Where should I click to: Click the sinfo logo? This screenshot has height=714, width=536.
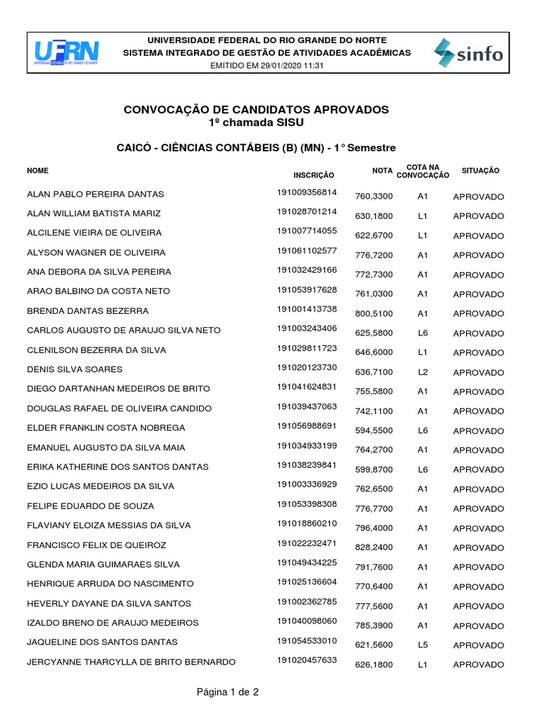pyautogui.click(x=468, y=53)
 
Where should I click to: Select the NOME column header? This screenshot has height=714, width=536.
pyautogui.click(x=38, y=170)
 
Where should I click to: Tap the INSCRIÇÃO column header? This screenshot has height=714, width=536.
pyautogui.click(x=314, y=175)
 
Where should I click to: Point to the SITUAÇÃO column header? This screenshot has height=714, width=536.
pyautogui.click(x=480, y=170)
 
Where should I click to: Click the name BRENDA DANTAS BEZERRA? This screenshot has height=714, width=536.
pyautogui.click(x=87, y=310)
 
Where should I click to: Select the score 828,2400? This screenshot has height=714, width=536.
pyautogui.click(x=375, y=547)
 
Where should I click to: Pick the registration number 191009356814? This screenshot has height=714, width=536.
pyautogui.click(x=307, y=192)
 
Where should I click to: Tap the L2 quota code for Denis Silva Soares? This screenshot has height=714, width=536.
pyautogui.click(x=422, y=372)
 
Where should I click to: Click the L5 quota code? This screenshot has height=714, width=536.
pyautogui.click(x=422, y=645)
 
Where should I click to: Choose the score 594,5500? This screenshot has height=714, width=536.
pyautogui.click(x=375, y=431)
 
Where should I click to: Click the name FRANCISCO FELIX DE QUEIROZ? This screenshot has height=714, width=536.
pyautogui.click(x=96, y=545)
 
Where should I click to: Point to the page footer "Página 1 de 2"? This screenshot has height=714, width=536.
pyautogui.click(x=228, y=692)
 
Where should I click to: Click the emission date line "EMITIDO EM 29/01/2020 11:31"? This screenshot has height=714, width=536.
pyautogui.click(x=267, y=66)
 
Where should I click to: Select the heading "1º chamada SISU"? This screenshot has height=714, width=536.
pyautogui.click(x=256, y=122)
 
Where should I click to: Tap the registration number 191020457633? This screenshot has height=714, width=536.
pyautogui.click(x=307, y=660)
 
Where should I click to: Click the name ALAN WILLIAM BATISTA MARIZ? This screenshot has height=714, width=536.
pyautogui.click(x=94, y=213)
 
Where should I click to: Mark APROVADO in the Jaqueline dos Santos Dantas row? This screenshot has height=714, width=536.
pyautogui.click(x=478, y=645)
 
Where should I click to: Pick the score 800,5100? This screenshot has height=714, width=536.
pyautogui.click(x=375, y=314)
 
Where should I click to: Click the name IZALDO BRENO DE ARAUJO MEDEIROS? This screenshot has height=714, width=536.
pyautogui.click(x=112, y=622)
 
